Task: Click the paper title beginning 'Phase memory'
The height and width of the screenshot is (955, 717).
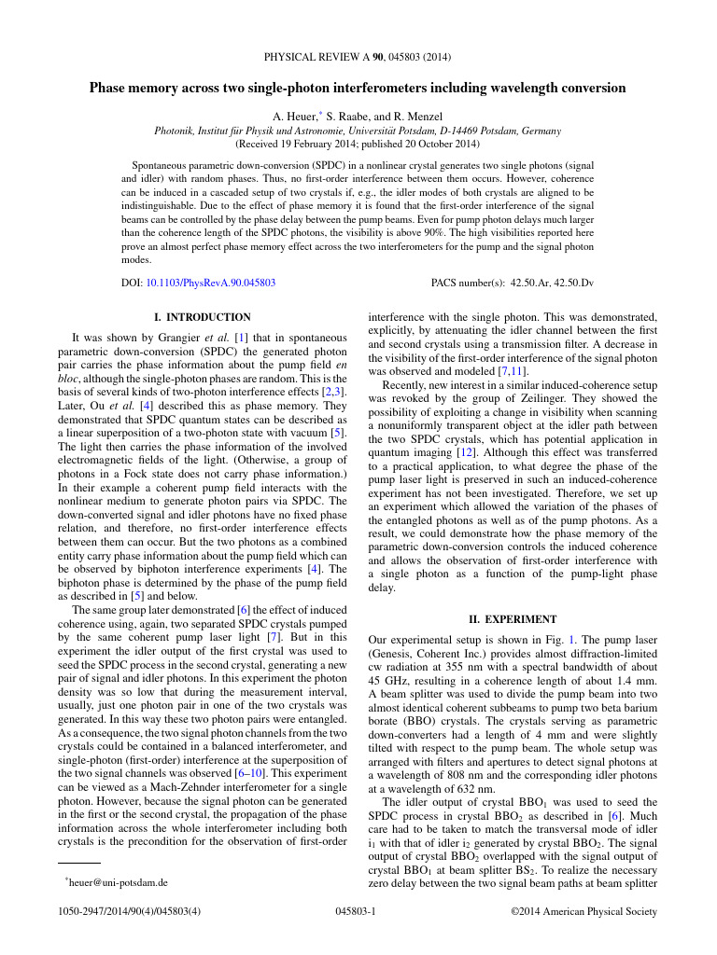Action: pyautogui.click(x=358, y=89)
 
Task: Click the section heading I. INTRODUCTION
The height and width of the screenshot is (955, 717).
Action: pyautogui.click(x=201, y=317)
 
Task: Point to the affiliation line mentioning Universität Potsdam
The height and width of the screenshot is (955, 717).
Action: pyautogui.click(x=358, y=131)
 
